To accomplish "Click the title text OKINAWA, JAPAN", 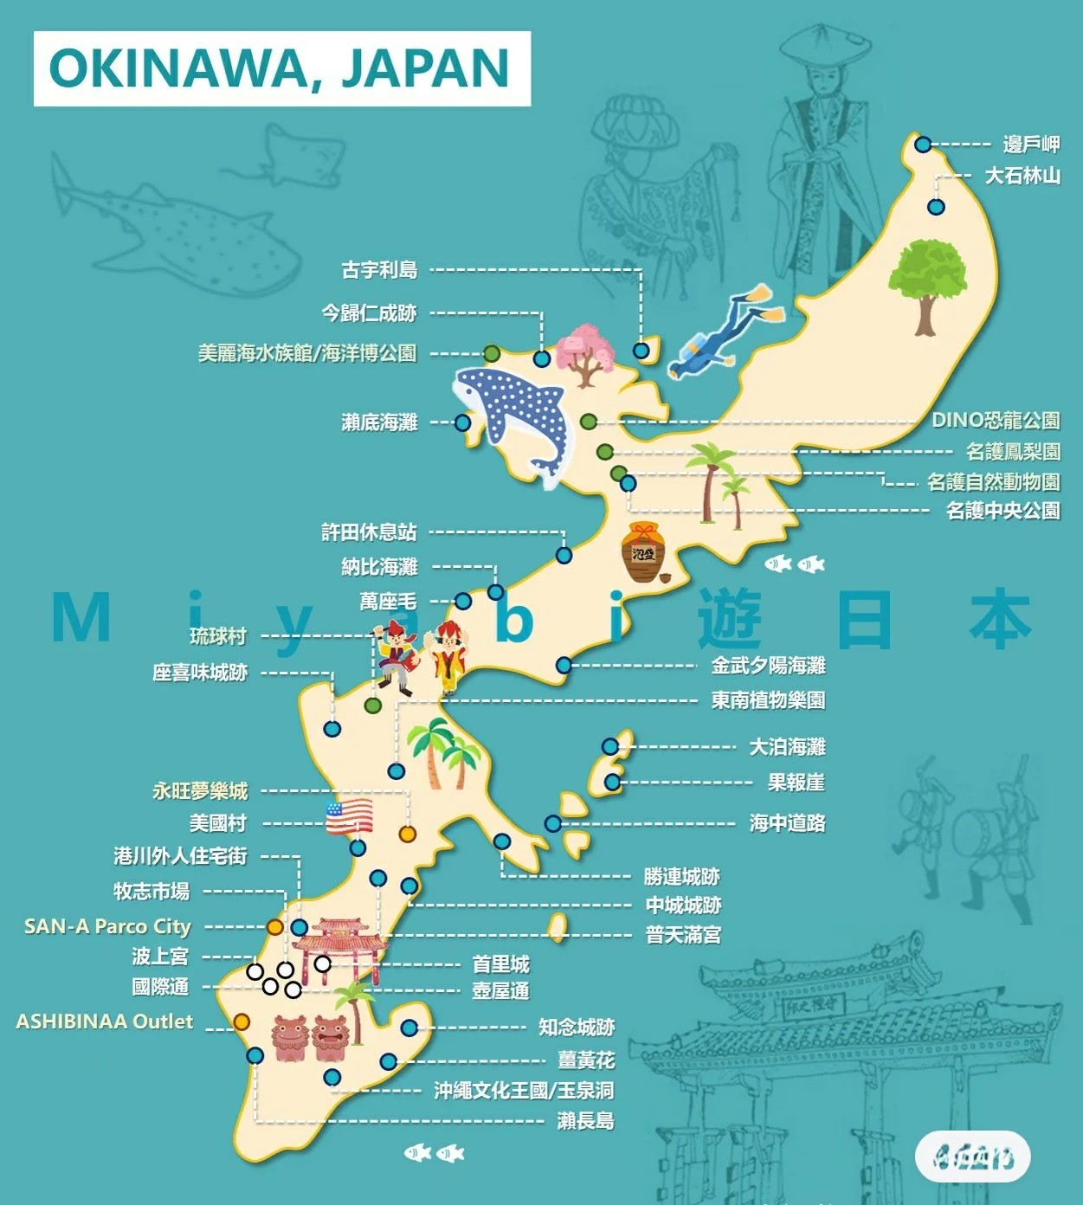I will click(280, 68).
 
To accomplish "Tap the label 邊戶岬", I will click(1031, 145).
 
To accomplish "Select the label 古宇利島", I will click(379, 270).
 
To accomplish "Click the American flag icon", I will click(349, 816).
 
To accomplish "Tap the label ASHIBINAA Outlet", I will click(105, 1021).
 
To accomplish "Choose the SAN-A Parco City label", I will click(107, 926).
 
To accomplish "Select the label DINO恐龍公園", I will click(996, 421).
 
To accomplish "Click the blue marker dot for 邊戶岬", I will click(923, 145).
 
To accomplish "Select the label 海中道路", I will click(787, 823).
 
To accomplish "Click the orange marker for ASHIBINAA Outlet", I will click(242, 1022).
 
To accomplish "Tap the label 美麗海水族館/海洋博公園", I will click(307, 353).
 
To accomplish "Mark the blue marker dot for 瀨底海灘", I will click(462, 423).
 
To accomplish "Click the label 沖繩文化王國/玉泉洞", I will click(524, 1091).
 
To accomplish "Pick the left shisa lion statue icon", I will click(290, 1038).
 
